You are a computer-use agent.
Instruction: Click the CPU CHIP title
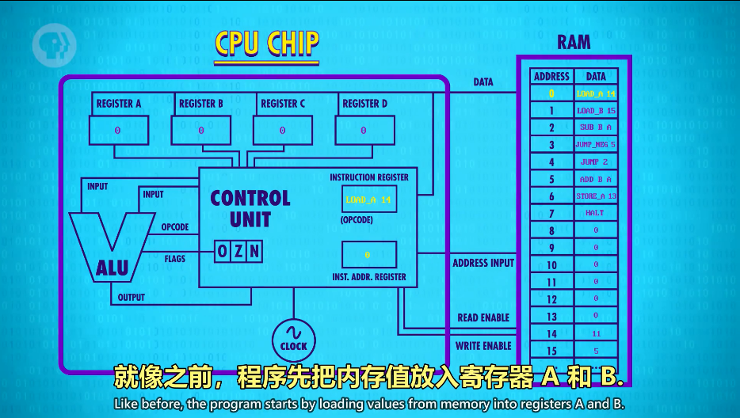click(x=266, y=46)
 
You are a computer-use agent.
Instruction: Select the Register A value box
click(x=118, y=130)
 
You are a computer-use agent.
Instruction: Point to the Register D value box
click(x=364, y=130)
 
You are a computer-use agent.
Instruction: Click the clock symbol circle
click(x=293, y=338)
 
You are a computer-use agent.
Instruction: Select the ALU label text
click(x=113, y=268)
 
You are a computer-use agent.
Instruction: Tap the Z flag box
click(x=238, y=252)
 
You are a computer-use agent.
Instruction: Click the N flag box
click(x=254, y=252)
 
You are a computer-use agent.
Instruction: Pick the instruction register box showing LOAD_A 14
click(x=369, y=199)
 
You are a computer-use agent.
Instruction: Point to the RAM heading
click(x=574, y=42)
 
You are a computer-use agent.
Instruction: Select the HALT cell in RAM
click(x=596, y=213)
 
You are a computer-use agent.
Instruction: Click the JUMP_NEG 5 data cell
click(x=596, y=145)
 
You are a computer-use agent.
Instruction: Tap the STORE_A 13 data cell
click(x=596, y=196)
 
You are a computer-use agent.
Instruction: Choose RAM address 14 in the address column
click(x=551, y=334)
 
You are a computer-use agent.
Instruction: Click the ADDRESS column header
click(x=551, y=77)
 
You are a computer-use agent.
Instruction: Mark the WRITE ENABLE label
click(x=483, y=346)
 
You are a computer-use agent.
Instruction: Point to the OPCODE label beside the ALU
click(x=175, y=227)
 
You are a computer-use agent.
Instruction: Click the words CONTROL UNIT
click(x=250, y=208)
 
